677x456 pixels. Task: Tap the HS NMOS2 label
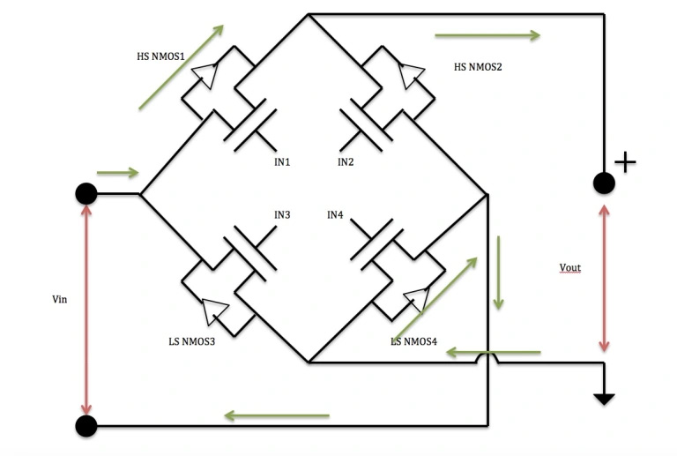[x=478, y=67]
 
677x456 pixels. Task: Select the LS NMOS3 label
[x=191, y=341]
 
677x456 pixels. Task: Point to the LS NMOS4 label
[x=413, y=341]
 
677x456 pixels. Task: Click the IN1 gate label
[x=282, y=162]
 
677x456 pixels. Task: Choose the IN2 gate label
[x=346, y=162]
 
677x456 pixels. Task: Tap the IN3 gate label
[x=282, y=214]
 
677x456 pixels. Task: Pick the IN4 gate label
[x=335, y=214]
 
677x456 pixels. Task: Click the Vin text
[x=60, y=300]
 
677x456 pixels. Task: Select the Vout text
[x=570, y=267]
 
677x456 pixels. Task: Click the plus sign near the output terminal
[x=624, y=162]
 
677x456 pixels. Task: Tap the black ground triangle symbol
[x=604, y=397]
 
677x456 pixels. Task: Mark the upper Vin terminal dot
[x=86, y=194]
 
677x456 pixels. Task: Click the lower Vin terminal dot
[x=86, y=427]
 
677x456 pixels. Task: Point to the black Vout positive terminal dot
[x=604, y=183]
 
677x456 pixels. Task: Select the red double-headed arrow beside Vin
[x=86, y=309]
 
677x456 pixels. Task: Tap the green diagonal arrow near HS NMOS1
[x=181, y=67]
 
